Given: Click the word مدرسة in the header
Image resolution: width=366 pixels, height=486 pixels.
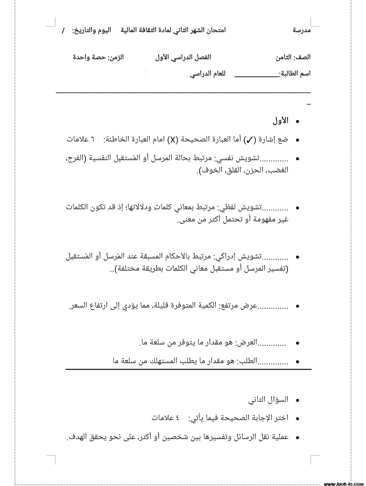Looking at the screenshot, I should pos(301,30).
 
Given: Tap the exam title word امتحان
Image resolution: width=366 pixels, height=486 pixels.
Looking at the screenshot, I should pos(216,30).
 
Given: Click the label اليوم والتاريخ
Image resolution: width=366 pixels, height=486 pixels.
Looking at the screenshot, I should pos(91,31).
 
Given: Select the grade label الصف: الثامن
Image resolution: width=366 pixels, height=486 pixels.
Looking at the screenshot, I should pos(293,57).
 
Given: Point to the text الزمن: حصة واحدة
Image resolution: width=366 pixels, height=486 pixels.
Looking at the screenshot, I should pos(98,57).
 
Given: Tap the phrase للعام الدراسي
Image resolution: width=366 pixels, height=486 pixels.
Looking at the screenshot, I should pos(207,74).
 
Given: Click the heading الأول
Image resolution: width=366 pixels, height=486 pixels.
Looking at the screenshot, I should pos(280,121).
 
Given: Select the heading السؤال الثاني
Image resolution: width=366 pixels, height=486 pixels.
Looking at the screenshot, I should pos(268,400).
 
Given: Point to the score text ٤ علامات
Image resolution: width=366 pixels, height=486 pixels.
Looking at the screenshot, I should pos(166,418).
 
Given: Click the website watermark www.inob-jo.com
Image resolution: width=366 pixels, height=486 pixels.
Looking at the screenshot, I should pos(344,484).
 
